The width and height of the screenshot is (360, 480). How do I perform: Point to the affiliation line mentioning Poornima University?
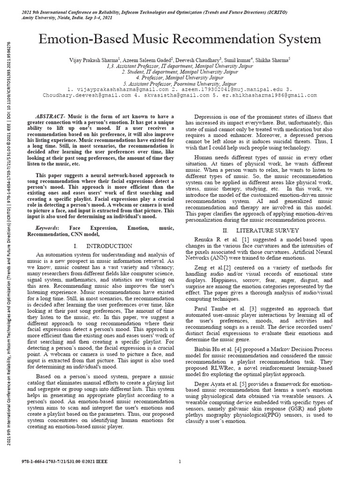point(180,82)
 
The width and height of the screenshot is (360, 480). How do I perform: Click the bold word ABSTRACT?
point(51,116)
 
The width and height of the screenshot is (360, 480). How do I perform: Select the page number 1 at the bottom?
point(180,461)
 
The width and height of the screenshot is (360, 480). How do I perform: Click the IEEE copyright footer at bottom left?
point(55,461)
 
